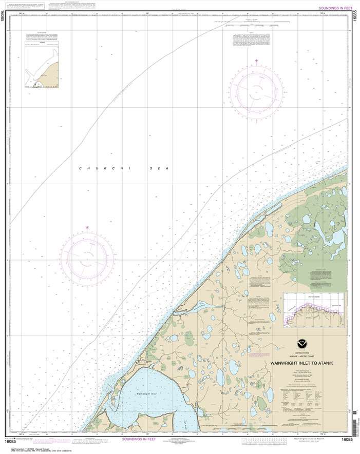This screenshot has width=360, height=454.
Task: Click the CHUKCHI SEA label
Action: (x=124, y=168)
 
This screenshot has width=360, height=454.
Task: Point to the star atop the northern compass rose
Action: (x=255, y=62)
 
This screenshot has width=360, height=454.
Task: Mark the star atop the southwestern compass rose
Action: (x=87, y=227)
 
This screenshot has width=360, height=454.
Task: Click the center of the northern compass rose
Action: (x=255, y=90)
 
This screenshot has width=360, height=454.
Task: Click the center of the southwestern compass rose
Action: (x=87, y=255)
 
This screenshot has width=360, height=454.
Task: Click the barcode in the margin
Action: (x=354, y=431)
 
